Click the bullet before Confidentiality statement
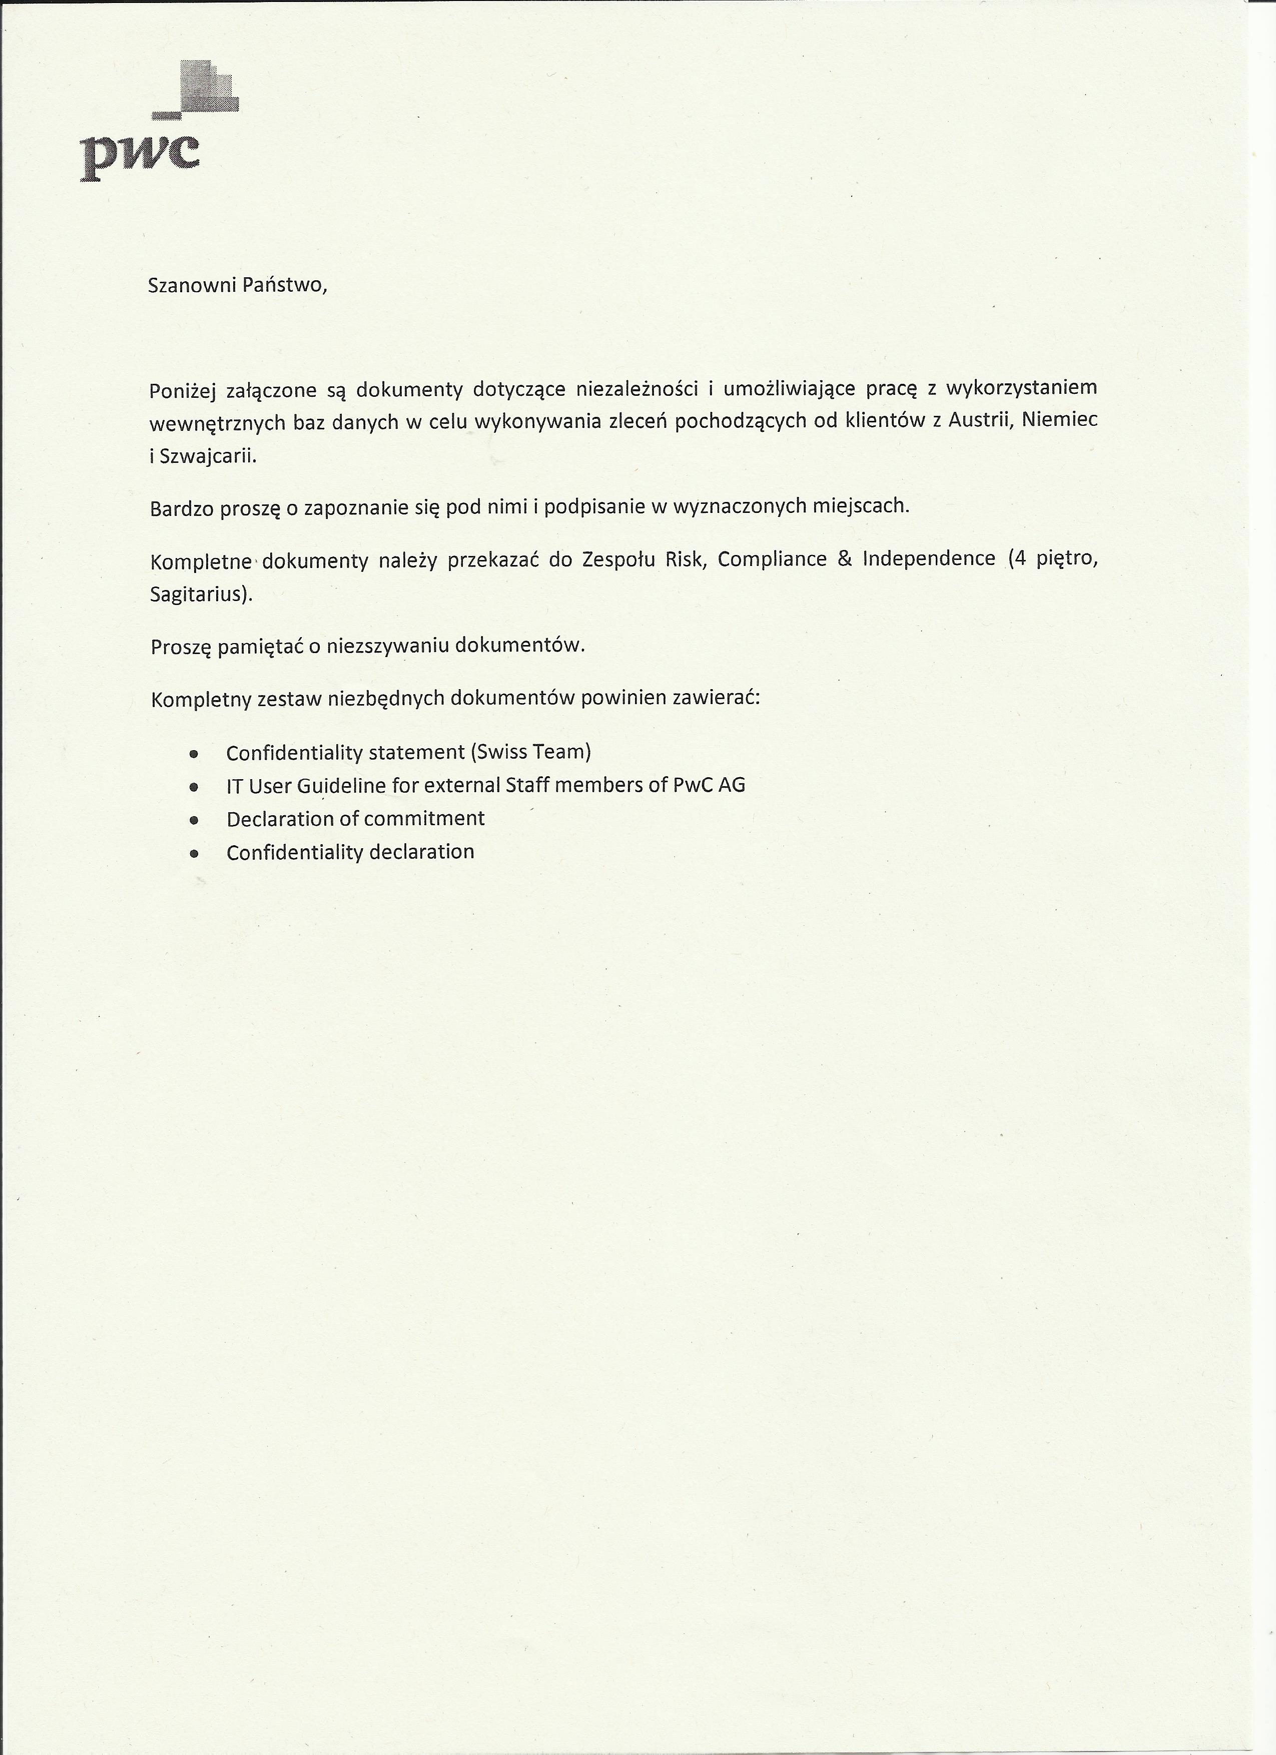(x=194, y=753)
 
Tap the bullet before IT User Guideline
(x=194, y=787)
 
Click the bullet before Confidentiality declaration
(x=194, y=854)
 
